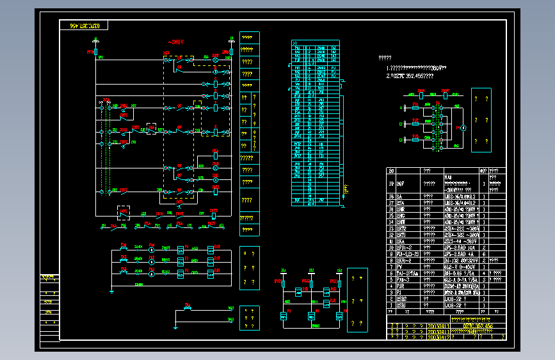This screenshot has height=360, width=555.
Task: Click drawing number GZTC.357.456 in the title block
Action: [478, 326]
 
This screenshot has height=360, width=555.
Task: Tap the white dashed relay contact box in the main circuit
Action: [152, 129]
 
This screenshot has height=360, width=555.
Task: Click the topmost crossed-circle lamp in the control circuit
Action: [216, 59]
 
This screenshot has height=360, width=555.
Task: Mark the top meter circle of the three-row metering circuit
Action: [152, 245]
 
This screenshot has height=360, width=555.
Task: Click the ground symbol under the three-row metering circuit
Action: [112, 291]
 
